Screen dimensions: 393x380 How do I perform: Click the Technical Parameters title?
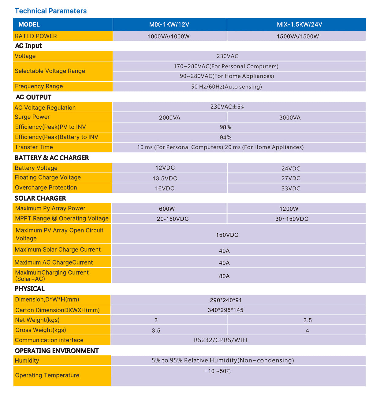tap(51, 11)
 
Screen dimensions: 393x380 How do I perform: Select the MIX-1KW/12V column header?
tap(169, 24)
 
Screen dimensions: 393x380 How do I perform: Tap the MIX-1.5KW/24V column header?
tap(299, 24)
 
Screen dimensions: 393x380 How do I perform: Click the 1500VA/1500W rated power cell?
tap(298, 36)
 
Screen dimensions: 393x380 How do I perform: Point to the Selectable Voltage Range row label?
tap(50, 71)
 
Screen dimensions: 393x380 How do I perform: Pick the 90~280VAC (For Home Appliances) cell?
tap(227, 76)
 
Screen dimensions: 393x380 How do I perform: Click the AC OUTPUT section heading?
tap(33, 97)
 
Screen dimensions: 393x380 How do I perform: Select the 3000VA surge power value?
tap(290, 118)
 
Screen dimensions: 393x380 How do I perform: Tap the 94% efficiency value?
tap(225, 138)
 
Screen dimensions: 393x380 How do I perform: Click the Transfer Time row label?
tap(34, 147)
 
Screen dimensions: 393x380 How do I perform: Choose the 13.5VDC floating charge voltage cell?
tap(165, 179)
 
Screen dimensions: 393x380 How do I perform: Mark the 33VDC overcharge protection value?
tap(291, 188)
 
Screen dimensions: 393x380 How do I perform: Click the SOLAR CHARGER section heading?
tap(40, 198)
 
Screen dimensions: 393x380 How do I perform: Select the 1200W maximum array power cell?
tap(289, 209)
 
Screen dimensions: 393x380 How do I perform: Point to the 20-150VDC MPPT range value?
tap(173, 219)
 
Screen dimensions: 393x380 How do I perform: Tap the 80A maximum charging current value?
tap(224, 276)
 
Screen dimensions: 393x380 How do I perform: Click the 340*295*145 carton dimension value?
tap(225, 310)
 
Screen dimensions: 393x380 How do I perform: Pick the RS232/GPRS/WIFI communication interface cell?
tap(221, 340)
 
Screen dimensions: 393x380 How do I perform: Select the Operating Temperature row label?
tap(47, 375)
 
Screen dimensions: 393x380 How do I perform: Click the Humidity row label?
tap(27, 361)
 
